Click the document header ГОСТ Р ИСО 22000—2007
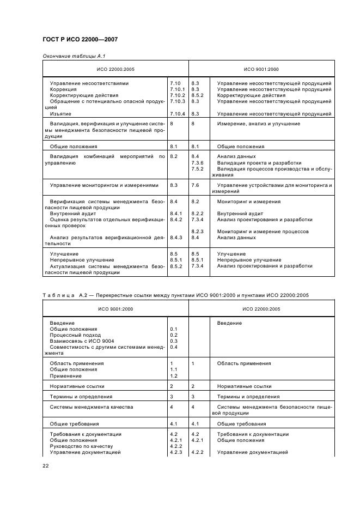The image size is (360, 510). (x=80, y=40)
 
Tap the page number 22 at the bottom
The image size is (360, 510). (x=46, y=466)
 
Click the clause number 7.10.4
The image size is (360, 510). (x=178, y=113)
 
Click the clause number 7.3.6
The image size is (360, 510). (x=197, y=162)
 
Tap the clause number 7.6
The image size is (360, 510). (x=196, y=185)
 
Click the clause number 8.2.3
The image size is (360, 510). (x=197, y=231)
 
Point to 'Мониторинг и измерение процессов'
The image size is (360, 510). (x=263, y=231)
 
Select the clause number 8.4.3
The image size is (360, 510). (x=176, y=238)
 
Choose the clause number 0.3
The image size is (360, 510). (x=174, y=341)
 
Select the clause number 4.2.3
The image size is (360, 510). (x=176, y=452)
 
